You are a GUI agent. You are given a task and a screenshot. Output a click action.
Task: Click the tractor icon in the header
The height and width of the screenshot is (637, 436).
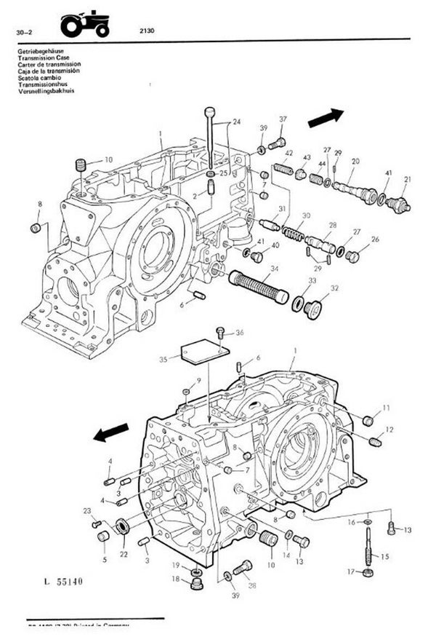click(x=85, y=24)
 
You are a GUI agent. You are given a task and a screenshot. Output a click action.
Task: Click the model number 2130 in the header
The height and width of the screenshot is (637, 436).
click(x=144, y=31)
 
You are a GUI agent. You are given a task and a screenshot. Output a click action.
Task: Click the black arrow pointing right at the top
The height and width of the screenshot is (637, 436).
click(x=325, y=118)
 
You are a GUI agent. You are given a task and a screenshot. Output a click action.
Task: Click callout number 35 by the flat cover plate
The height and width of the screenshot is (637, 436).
click(x=163, y=359)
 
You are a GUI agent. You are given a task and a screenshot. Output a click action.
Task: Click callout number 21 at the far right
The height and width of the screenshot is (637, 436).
click(x=407, y=180)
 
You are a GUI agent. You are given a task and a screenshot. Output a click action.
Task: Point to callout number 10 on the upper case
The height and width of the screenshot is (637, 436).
click(x=108, y=159)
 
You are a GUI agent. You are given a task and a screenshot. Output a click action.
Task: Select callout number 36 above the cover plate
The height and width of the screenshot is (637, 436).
click(x=240, y=333)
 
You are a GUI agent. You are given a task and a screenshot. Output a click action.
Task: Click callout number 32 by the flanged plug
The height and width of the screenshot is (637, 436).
click(x=334, y=289)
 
